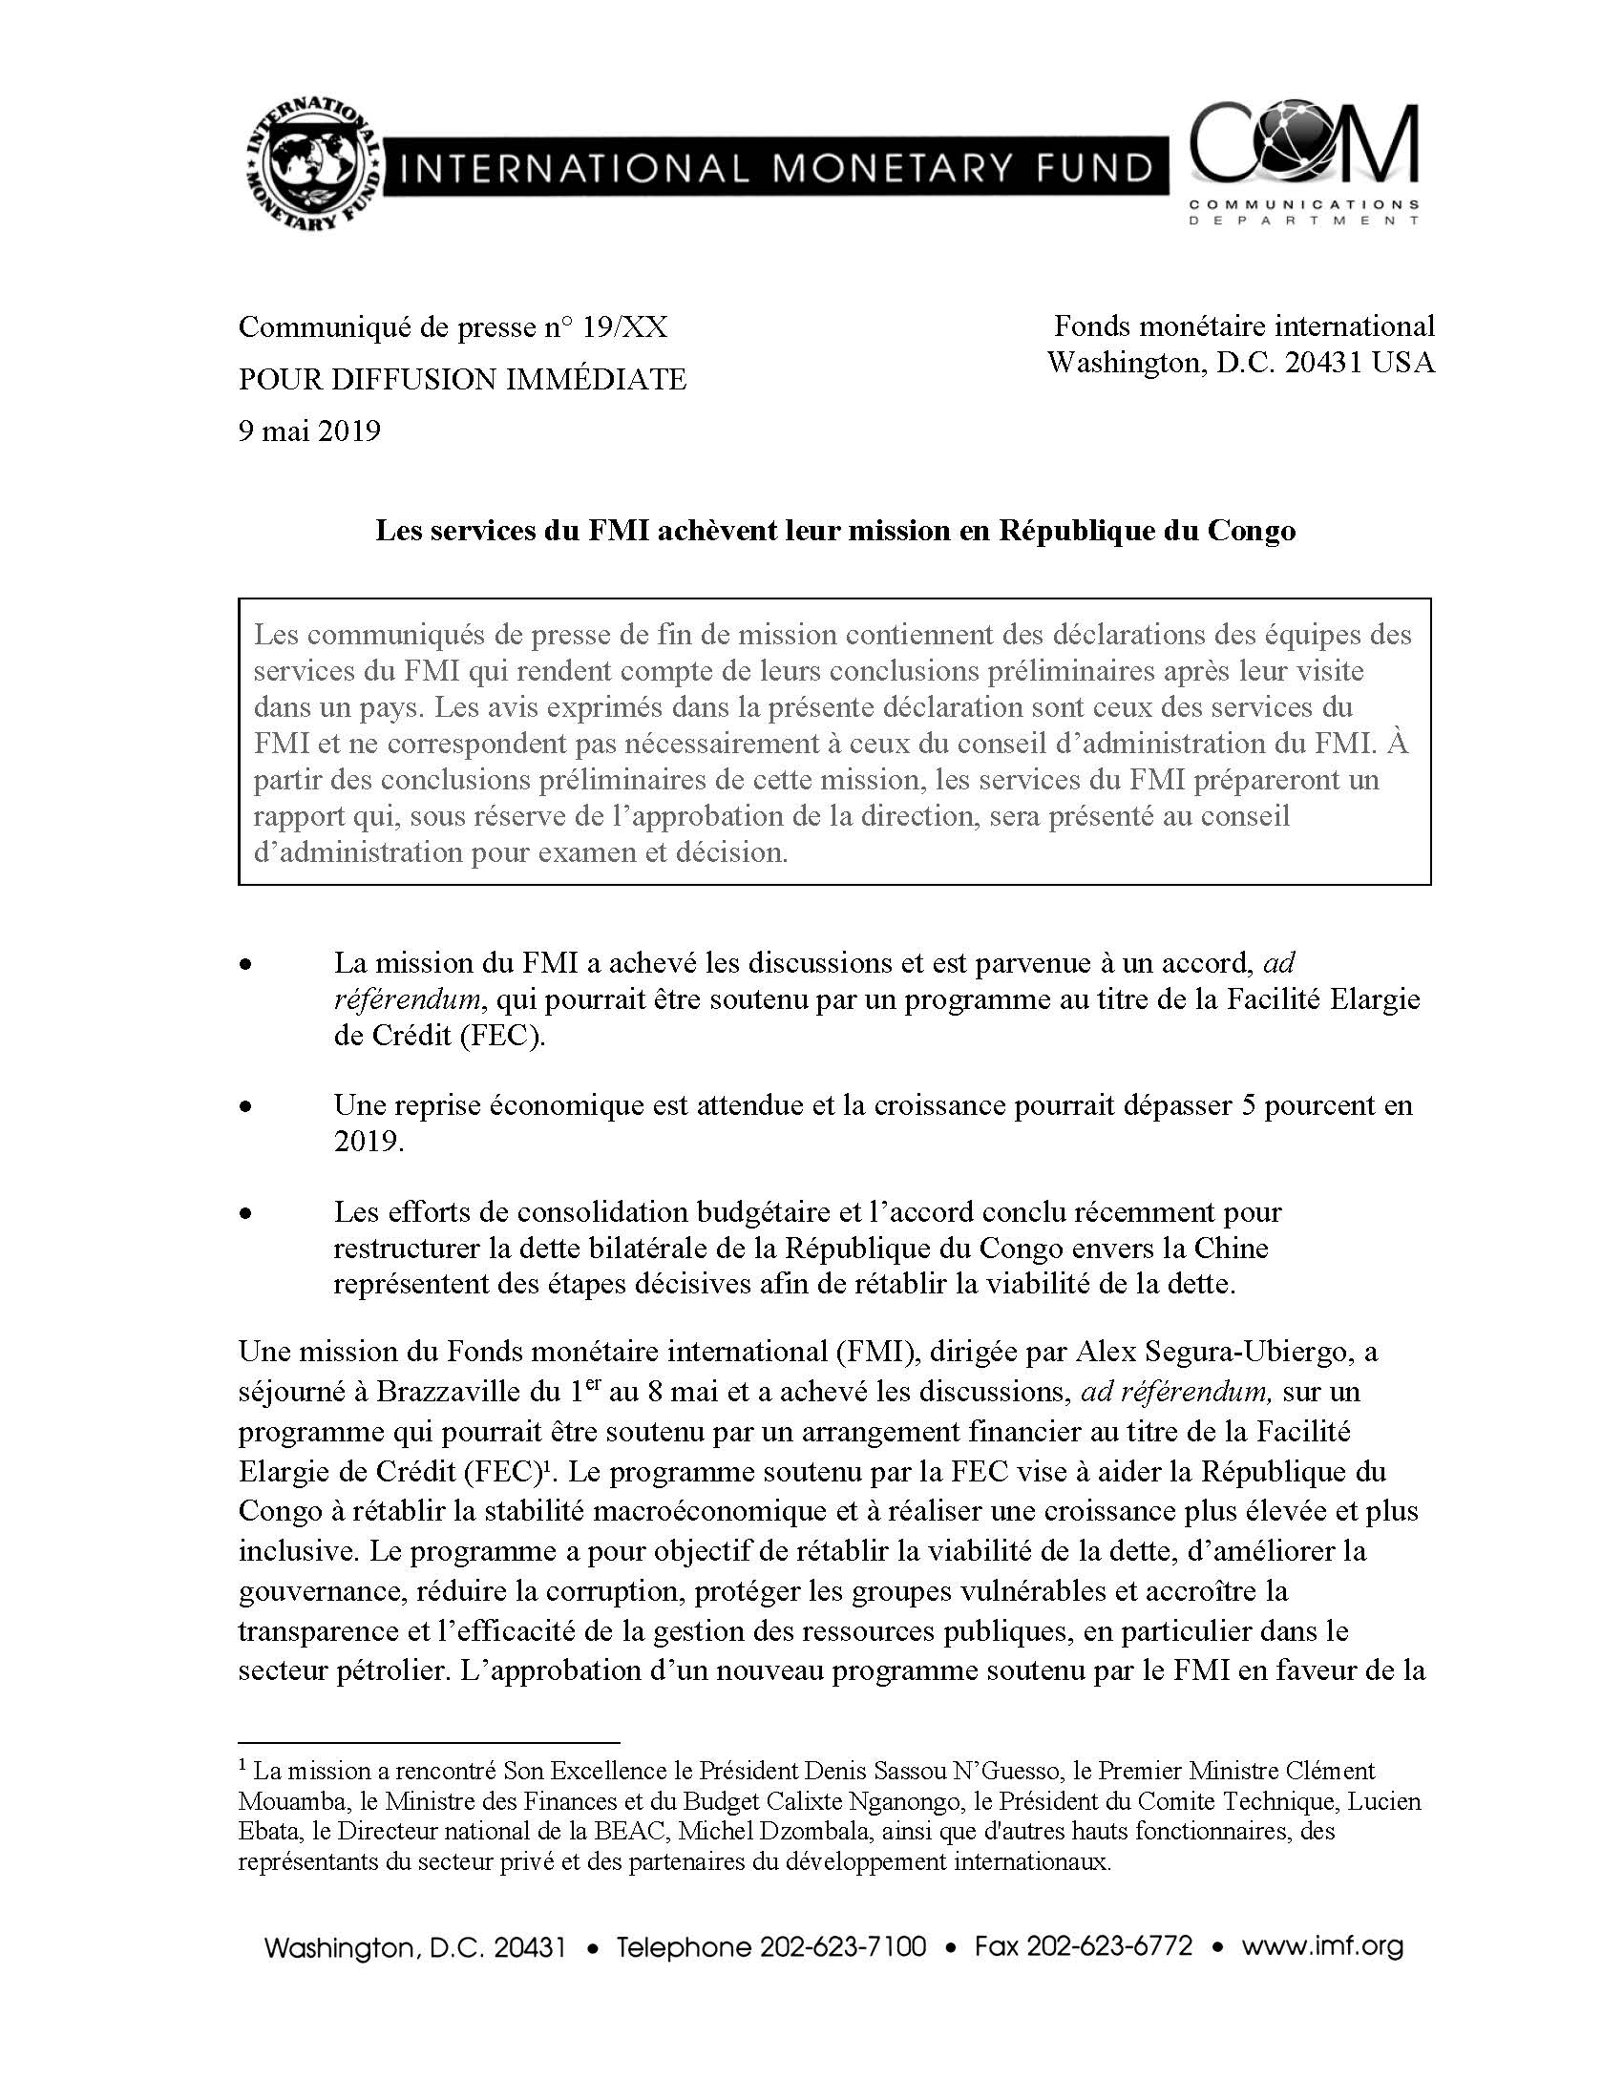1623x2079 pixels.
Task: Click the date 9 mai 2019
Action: tap(308, 431)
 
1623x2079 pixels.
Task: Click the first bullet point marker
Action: tap(246, 965)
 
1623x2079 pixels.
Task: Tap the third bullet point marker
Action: tap(246, 1213)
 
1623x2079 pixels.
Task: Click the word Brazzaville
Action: tap(448, 1392)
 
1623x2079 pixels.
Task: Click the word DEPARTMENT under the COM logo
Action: tap(1302, 220)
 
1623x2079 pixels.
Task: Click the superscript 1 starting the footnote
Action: tap(242, 1766)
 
